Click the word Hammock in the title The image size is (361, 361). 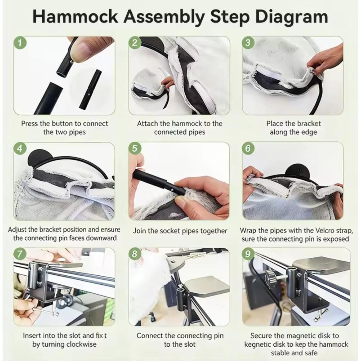76,17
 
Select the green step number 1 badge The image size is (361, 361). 20,43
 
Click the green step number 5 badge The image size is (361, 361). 135,148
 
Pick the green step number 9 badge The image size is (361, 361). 248,254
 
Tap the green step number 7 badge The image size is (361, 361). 20,254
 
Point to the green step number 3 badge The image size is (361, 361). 248,43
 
